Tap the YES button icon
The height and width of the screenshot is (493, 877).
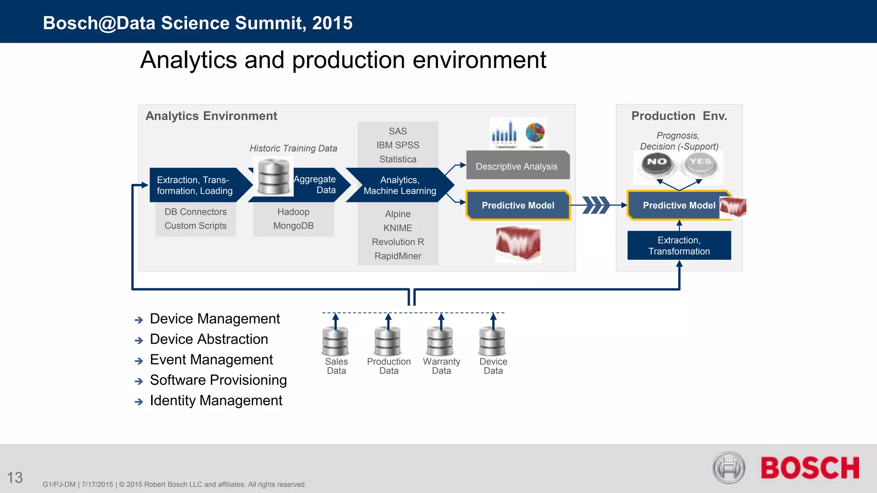click(700, 165)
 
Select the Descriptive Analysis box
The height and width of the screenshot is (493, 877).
click(517, 166)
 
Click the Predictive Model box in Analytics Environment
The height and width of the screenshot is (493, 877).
click(518, 205)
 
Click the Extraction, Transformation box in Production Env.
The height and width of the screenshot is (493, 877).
click(679, 246)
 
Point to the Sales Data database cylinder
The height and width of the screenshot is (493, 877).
click(335, 341)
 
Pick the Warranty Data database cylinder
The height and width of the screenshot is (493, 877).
click(441, 341)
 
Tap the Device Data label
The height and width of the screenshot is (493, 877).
click(493, 366)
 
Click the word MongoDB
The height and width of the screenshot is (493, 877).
click(293, 226)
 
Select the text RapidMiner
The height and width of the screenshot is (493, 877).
click(398, 256)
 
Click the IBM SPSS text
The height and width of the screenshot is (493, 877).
click(398, 145)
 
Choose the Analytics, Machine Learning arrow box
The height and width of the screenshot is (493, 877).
click(399, 185)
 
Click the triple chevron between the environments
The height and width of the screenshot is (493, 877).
click(597, 205)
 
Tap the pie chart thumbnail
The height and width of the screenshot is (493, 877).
click(535, 133)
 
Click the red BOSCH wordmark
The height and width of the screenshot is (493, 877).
click(809, 468)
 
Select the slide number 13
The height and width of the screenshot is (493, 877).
click(15, 478)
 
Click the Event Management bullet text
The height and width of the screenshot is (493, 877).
click(211, 359)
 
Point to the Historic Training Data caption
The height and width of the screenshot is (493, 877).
click(293, 148)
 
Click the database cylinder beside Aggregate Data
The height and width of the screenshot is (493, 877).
click(273, 176)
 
